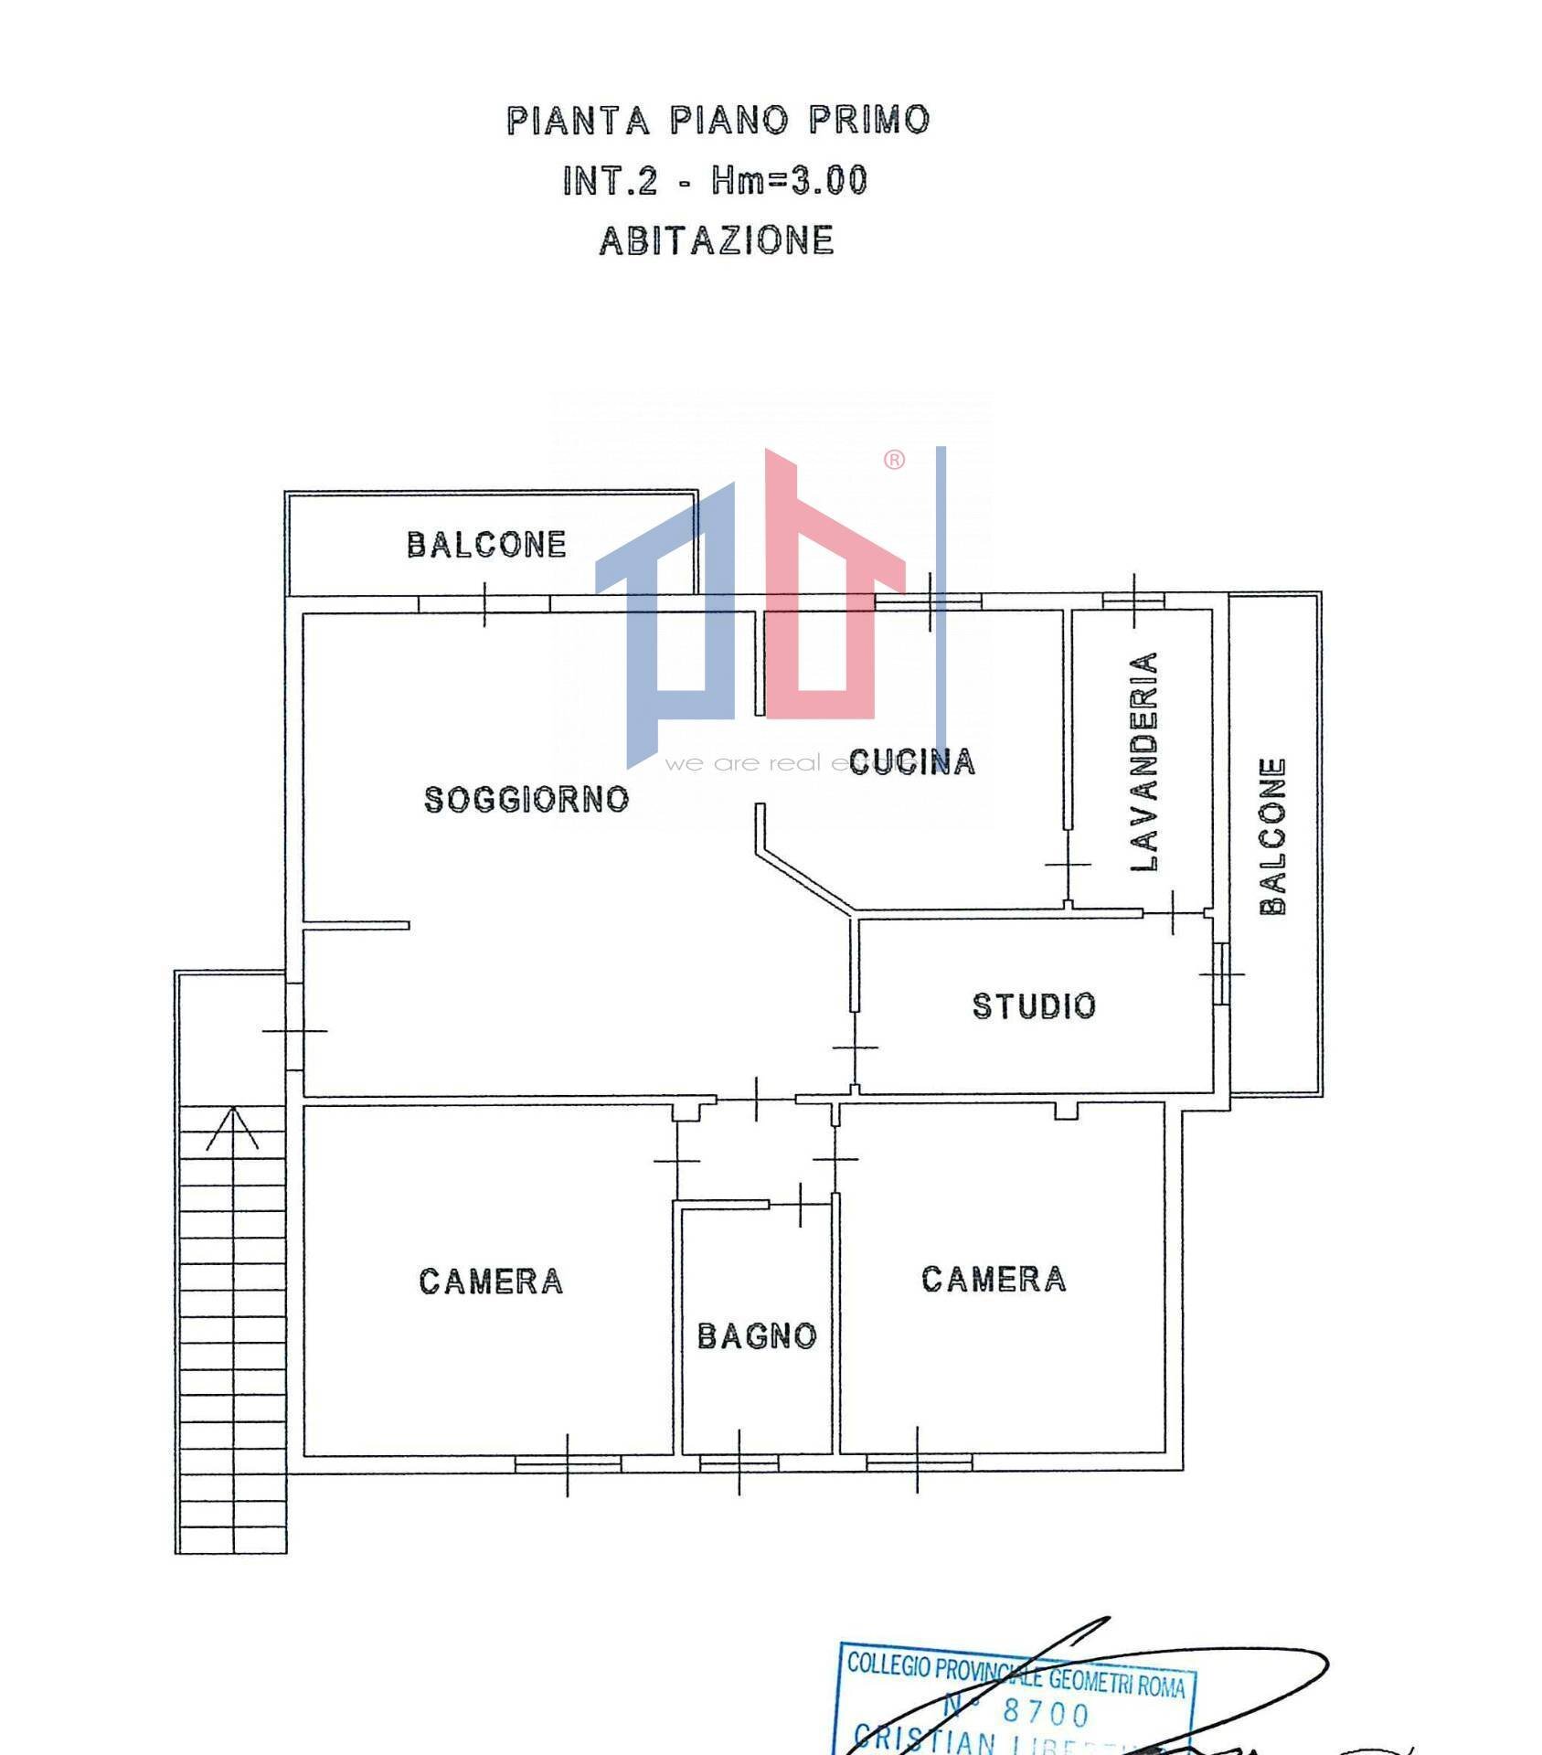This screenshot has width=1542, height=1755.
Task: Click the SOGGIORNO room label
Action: point(526,800)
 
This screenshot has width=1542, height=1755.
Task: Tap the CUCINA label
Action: point(911,761)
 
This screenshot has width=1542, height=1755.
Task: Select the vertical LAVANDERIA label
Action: point(1144,761)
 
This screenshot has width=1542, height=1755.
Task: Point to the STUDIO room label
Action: point(1034,1005)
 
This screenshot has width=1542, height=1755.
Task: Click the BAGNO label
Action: point(757,1336)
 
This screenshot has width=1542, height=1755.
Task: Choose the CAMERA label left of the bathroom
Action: point(491,1282)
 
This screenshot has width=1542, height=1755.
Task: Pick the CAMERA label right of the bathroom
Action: point(994,1279)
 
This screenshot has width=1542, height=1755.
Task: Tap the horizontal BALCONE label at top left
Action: point(486,545)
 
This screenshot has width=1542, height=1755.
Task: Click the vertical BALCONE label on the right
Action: point(1272,835)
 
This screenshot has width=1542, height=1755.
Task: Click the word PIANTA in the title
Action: point(578,121)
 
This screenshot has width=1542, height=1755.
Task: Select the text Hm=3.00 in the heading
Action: point(790,180)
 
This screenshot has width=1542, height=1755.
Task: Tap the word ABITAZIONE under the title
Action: point(717,240)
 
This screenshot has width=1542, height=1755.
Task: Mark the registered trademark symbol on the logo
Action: point(894,460)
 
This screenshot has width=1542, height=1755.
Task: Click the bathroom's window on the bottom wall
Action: point(739,1463)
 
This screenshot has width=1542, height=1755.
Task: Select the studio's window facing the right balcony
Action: point(1221,973)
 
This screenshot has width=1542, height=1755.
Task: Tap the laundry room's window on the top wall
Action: point(1133,601)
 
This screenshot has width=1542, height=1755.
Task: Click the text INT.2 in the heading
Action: point(610,180)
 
